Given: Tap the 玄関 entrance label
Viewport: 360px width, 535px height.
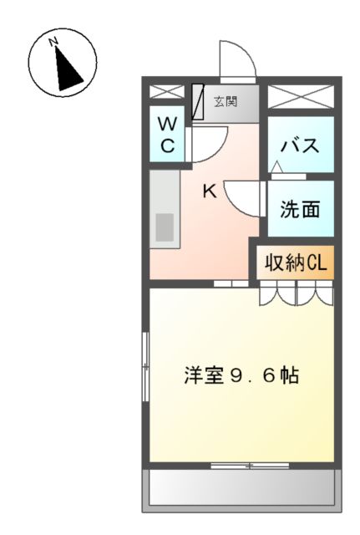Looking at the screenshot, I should pos(225,102).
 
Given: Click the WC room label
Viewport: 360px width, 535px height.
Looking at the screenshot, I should pos(167,135).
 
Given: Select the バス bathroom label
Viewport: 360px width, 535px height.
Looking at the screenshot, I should pos(300,145).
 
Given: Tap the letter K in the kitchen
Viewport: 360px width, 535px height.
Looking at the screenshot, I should pos(210,191).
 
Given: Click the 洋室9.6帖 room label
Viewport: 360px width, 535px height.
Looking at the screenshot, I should pos(241,375).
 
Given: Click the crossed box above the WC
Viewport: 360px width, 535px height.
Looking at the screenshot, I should pos(167,93).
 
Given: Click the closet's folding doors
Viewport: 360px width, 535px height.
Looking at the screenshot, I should pos(296,293).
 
